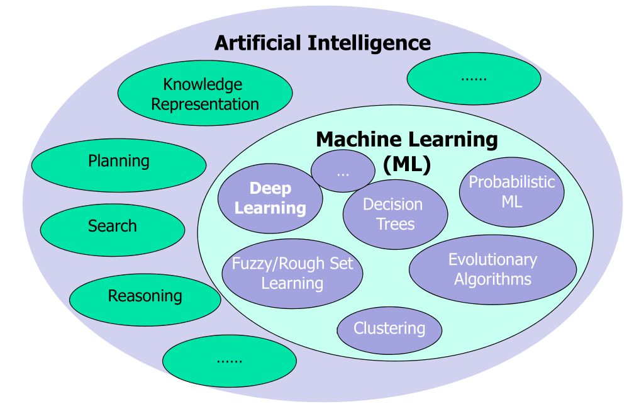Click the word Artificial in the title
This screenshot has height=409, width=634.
[x=258, y=43]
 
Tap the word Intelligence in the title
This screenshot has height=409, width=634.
[x=369, y=43]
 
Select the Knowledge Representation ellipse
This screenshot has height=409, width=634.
[x=204, y=94]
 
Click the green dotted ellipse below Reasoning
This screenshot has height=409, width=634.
[x=229, y=361]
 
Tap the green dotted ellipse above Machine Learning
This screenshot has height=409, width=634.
[x=474, y=79]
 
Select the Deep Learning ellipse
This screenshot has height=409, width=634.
[x=270, y=198]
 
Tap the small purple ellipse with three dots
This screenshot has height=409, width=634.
[x=343, y=171]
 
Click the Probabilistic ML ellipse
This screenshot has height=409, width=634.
[x=511, y=192]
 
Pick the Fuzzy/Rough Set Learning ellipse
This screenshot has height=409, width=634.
[x=292, y=274]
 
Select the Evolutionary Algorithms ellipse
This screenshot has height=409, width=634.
[x=492, y=269]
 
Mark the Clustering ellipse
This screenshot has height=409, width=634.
[x=389, y=329]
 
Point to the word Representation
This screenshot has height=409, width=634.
[x=205, y=104]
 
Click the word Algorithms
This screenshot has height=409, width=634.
[x=492, y=279]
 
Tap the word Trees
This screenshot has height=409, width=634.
[x=396, y=224]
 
